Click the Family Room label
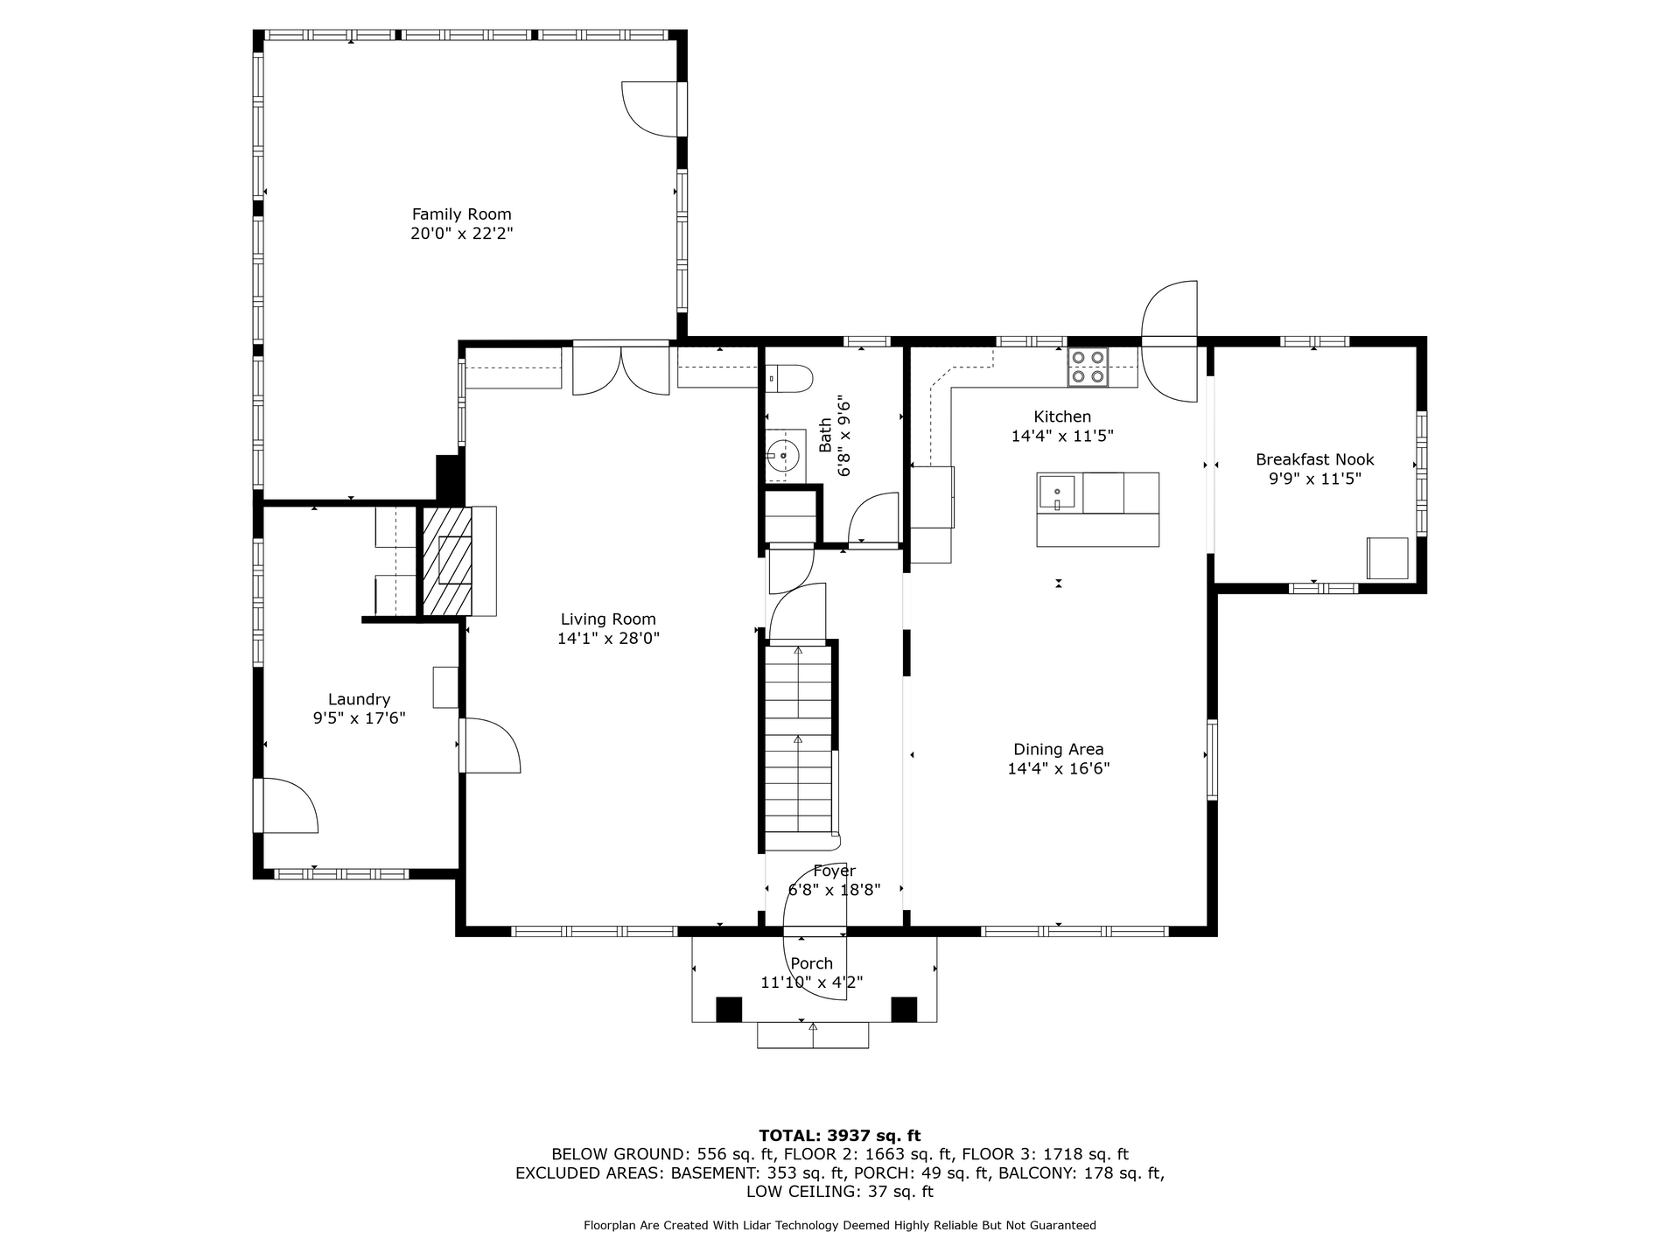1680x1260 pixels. click(461, 214)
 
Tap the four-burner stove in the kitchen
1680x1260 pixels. click(1088, 367)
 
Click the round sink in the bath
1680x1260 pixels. click(783, 455)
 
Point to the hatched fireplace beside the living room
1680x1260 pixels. click(447, 561)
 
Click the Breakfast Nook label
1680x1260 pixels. click(1314, 459)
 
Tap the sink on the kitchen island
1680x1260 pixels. click(1057, 493)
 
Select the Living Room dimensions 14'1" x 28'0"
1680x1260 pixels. click(608, 639)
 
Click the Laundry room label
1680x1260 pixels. click(359, 699)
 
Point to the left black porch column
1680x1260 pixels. click(728, 1009)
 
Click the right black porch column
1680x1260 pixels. click(904, 1009)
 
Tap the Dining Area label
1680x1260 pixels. click(1058, 749)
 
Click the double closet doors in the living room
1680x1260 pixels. click(621, 372)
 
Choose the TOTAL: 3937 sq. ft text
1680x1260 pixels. click(839, 1136)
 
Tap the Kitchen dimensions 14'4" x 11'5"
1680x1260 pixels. click(1062, 436)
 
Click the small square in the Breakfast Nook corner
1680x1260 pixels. click(1387, 558)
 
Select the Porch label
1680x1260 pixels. click(811, 963)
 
